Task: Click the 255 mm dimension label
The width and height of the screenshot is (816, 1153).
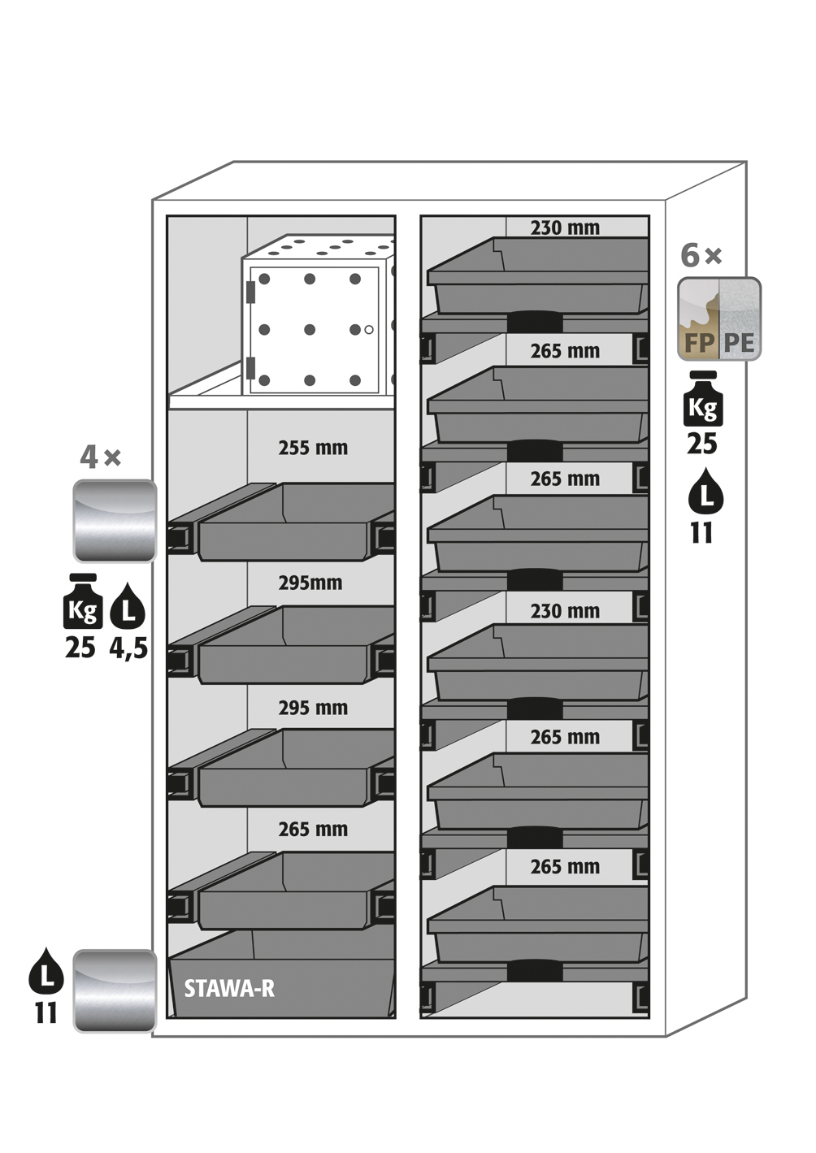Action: point(313,448)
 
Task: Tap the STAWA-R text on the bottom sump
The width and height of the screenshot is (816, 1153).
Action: point(229,988)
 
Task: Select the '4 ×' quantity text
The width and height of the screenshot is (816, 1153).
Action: point(100,457)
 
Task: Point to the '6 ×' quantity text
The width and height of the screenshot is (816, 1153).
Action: point(701,256)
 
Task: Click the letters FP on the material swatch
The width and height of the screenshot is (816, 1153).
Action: point(698,343)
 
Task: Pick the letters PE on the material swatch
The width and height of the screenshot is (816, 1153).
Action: point(739,343)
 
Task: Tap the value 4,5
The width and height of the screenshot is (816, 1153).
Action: point(128,648)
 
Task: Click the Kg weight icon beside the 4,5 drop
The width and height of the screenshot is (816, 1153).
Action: point(83,603)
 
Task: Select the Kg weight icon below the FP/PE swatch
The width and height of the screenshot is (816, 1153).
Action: point(702,400)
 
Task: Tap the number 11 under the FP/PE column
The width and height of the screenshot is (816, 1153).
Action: point(701,534)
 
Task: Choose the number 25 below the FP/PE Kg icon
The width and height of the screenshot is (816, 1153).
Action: point(702,444)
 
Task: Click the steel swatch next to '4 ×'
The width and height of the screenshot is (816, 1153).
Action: point(115,521)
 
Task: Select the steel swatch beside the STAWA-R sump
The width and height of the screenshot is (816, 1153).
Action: point(115,990)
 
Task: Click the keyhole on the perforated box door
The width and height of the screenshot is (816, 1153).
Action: point(369,330)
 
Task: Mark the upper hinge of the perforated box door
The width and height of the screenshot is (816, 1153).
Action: point(251,289)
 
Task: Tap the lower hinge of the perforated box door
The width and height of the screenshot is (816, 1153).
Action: point(251,367)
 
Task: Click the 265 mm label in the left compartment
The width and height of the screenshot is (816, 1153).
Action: point(313,830)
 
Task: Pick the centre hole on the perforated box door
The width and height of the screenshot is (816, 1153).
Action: point(310,330)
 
